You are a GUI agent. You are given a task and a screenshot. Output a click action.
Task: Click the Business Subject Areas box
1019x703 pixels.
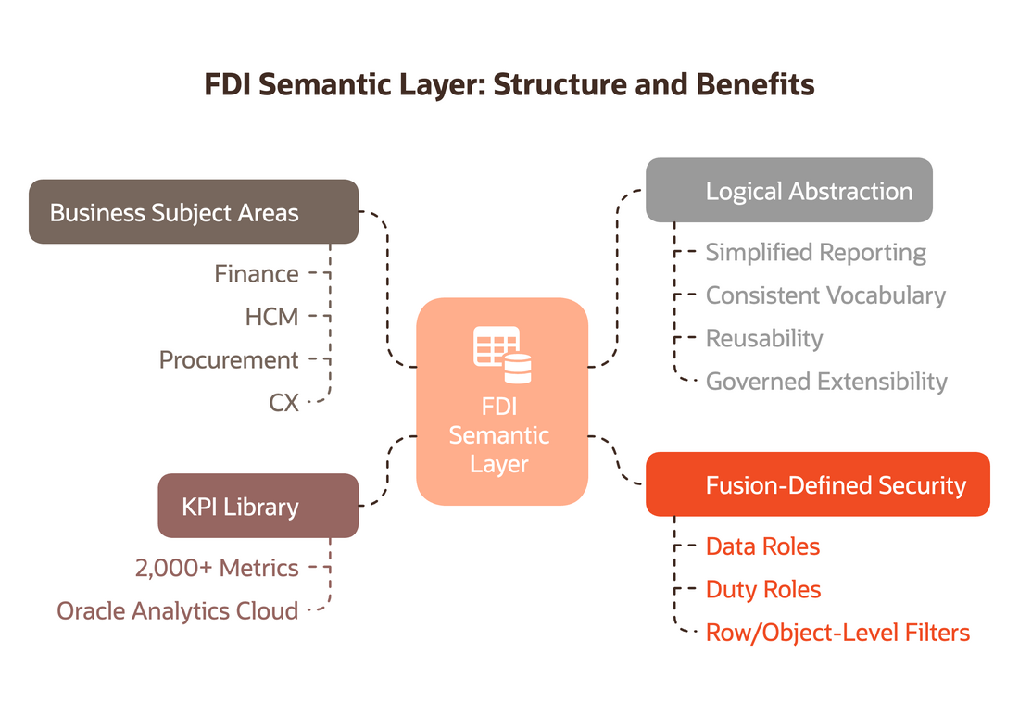[194, 212]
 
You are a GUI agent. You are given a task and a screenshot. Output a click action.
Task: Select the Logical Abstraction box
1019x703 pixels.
[789, 190]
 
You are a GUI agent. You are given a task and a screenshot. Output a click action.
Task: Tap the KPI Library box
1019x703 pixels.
[258, 506]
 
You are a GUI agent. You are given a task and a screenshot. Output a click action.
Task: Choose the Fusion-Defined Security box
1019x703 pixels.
[818, 484]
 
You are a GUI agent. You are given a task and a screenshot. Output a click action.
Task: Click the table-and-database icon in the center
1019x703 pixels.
[502, 355]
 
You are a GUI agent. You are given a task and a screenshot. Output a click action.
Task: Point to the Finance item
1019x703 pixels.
[257, 274]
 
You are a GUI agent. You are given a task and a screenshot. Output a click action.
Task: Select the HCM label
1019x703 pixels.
[271, 317]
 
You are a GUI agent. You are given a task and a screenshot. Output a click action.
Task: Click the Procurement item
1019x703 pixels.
[229, 360]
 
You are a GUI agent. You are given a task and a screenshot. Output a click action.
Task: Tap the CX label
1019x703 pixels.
[284, 403]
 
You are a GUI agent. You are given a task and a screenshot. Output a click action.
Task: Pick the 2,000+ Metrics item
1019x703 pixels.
[217, 568]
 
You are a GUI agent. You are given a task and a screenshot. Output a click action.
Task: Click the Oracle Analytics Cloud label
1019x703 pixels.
[178, 610]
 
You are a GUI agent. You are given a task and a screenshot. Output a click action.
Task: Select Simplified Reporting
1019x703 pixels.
[815, 253]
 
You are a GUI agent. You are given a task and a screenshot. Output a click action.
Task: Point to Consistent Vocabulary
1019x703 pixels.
[825, 295]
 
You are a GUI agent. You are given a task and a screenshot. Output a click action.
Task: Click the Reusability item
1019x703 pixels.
[764, 338]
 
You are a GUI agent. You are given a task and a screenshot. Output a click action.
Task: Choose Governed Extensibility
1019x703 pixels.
[826, 382]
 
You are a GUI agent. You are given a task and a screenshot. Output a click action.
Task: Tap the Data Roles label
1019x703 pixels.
[762, 546]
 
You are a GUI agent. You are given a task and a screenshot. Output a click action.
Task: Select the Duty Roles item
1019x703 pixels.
[763, 590]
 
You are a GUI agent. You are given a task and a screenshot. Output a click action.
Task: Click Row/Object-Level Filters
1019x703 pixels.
[837, 633]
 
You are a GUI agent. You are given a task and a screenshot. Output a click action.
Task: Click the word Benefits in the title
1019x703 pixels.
[755, 84]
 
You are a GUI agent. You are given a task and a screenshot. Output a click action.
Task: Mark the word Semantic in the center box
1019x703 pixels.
[499, 435]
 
